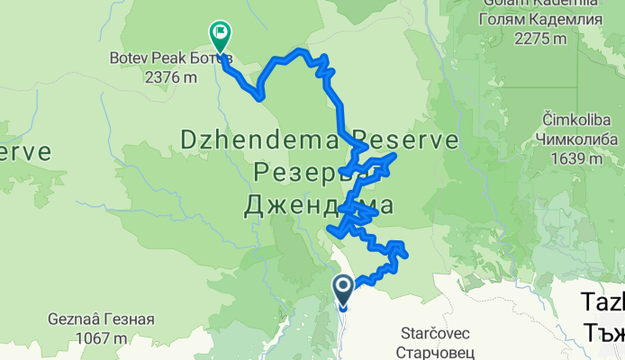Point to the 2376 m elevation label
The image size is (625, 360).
tap(171, 76)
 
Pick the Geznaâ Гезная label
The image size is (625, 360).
tap(103, 319)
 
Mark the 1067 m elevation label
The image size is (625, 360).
tap(102, 338)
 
